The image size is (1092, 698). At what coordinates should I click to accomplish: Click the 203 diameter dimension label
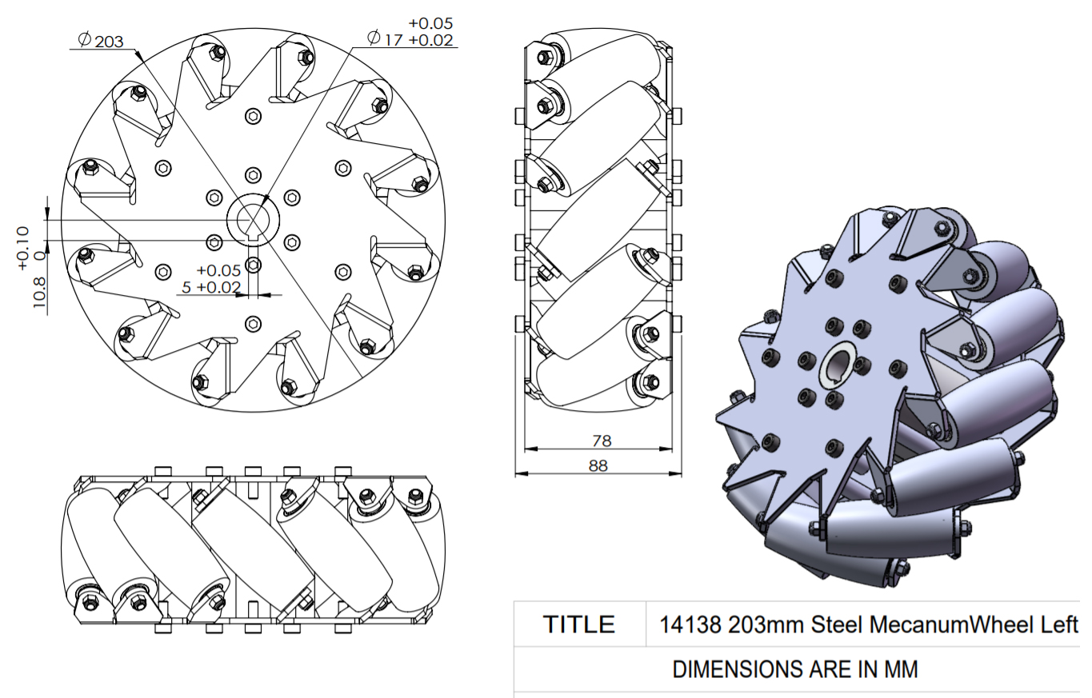tap(110, 40)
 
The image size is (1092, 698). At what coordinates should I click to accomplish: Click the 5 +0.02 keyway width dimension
tap(210, 287)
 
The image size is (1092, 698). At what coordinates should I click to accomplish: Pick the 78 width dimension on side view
tap(598, 441)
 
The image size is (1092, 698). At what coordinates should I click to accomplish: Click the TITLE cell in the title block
tap(579, 624)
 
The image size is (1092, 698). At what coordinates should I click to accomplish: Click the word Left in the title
tap(1059, 624)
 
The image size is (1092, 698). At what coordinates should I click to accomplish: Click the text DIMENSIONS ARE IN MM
tap(795, 669)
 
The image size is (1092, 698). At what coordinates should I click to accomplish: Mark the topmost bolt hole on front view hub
tap(254, 116)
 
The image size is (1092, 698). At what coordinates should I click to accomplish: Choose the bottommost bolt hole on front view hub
tap(254, 323)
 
